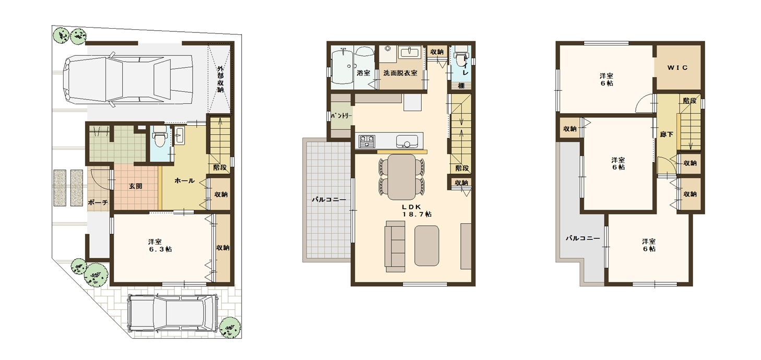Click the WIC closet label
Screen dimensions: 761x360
[x=677, y=68]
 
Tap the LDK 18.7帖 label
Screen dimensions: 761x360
[x=417, y=211]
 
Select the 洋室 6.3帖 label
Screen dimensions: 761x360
[x=160, y=246]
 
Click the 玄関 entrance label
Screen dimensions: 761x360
[x=135, y=186]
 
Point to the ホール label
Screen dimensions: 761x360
[x=184, y=181]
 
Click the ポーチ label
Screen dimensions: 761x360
[x=98, y=202]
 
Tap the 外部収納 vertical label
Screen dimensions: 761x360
[x=220, y=79]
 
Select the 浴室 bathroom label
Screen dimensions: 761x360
[x=363, y=73]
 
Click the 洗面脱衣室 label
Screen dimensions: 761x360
[x=400, y=73]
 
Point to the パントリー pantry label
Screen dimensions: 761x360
[x=342, y=116]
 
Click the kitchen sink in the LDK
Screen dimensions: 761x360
[x=407, y=141]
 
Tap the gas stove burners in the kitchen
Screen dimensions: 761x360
[x=366, y=141]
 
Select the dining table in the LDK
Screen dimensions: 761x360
[x=401, y=177]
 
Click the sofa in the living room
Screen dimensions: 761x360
[x=395, y=247]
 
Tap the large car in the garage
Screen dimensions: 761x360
[x=128, y=79]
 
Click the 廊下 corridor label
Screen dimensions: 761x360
[x=666, y=134]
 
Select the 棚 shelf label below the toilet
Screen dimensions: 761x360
[x=461, y=86]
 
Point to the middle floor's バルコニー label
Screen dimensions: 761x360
[x=329, y=200]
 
